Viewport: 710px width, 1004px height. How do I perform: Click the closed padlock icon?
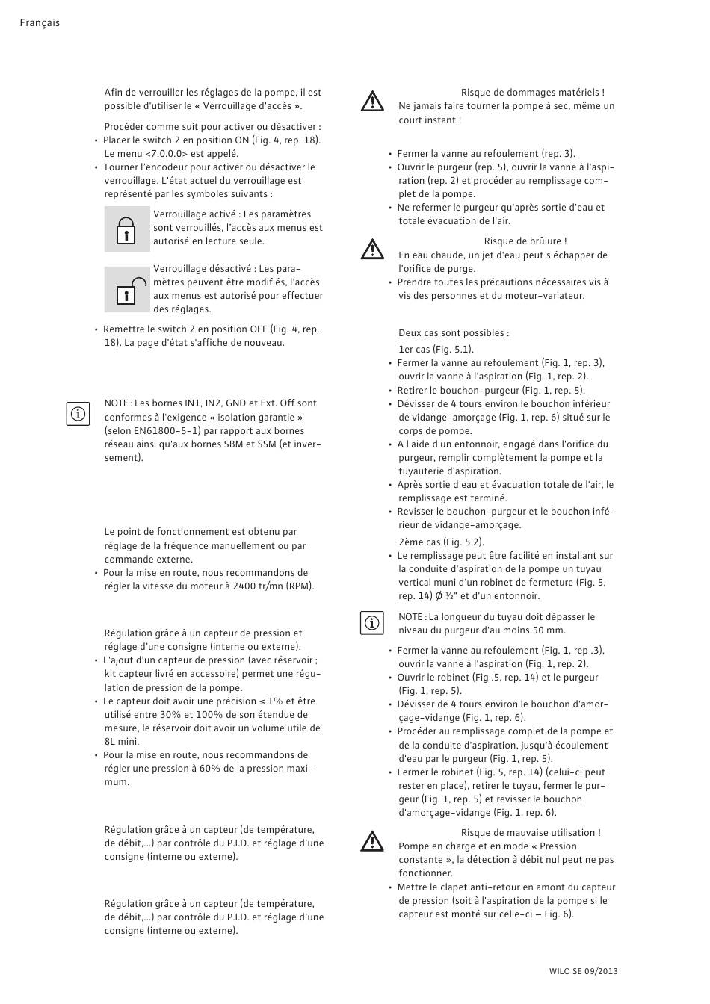tap(126, 230)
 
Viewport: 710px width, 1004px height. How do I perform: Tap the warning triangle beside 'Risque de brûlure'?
tap(371, 249)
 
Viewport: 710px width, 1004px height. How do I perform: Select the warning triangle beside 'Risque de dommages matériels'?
tap(371, 101)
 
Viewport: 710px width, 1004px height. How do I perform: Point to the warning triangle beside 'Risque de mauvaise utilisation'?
tap(371, 841)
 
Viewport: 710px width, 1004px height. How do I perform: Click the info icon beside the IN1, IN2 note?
tap(78, 413)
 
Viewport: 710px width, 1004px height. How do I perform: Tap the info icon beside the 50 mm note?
tap(371, 622)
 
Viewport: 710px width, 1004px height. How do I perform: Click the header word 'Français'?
tap(40, 23)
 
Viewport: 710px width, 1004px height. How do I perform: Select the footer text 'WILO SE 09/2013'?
tap(583, 971)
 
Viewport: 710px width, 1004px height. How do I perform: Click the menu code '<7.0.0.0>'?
tap(166, 154)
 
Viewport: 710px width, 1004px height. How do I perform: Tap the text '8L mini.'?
tap(121, 742)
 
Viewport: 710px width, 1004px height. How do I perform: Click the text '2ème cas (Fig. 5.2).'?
tap(441, 542)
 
